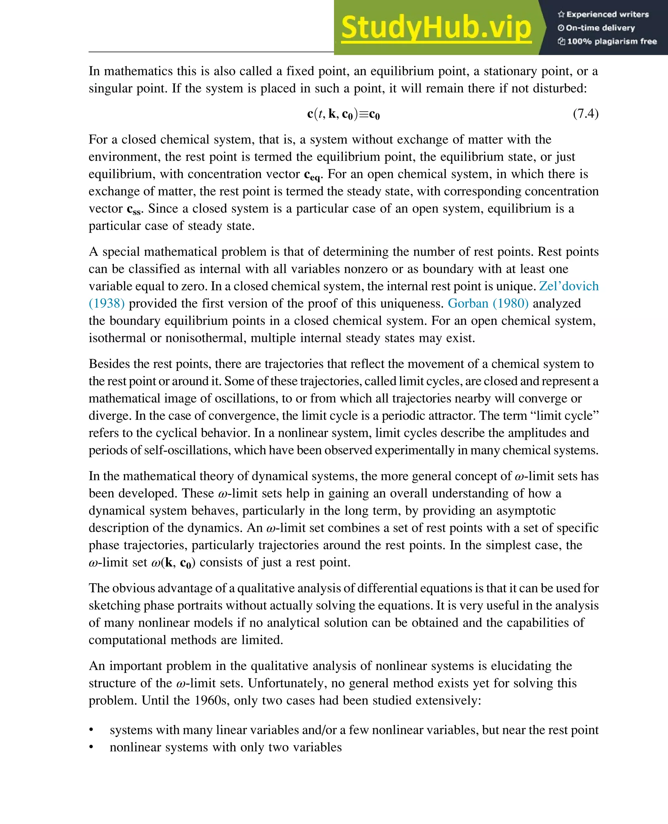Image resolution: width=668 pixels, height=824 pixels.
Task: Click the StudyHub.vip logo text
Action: (x=436, y=28)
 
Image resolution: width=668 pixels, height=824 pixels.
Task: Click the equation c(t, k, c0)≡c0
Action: (x=343, y=114)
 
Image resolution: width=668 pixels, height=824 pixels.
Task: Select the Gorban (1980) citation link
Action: (x=488, y=303)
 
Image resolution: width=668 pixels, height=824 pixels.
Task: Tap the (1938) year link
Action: (x=107, y=303)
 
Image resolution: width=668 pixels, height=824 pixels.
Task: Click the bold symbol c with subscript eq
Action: (x=312, y=175)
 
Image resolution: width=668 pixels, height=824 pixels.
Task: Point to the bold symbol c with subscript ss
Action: (x=134, y=210)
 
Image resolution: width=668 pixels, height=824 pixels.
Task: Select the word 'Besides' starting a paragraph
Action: (x=111, y=364)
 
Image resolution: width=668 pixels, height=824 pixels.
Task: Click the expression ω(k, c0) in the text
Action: (x=173, y=563)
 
